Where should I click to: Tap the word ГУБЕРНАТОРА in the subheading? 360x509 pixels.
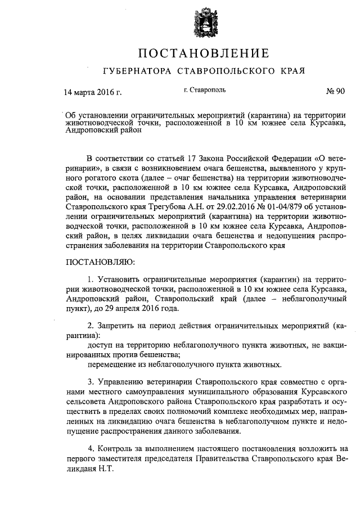pyautogui.click(x=138, y=72)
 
